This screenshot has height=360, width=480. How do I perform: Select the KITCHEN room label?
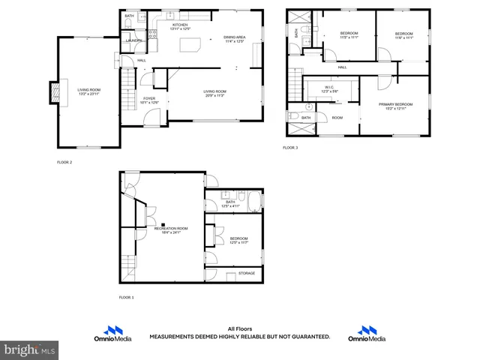(180, 25)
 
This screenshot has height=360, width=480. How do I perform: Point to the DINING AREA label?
(235, 37)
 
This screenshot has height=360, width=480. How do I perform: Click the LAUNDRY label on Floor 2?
(133, 41)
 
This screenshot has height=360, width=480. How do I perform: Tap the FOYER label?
(149, 98)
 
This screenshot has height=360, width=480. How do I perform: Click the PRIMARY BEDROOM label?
(395, 104)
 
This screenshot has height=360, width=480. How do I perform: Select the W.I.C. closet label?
(329, 88)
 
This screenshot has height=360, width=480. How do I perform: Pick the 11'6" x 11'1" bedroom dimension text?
(404, 37)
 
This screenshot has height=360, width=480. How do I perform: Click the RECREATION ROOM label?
(171, 228)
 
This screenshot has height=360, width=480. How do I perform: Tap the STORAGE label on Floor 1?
(247, 273)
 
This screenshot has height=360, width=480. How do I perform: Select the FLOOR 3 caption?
(289, 148)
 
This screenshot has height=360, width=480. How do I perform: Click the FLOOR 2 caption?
(64, 162)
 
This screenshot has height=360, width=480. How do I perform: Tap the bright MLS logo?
(29, 349)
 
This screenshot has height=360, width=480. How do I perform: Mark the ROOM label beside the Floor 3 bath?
(337, 118)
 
